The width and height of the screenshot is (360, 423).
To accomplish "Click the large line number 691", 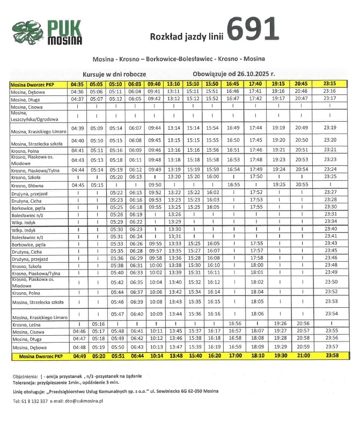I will [253, 30].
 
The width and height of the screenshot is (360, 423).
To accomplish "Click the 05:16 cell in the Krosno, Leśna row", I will [97, 324].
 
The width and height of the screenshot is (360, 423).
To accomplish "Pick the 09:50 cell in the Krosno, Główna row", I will [155, 185].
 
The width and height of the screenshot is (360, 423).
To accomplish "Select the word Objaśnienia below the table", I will [27, 376].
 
